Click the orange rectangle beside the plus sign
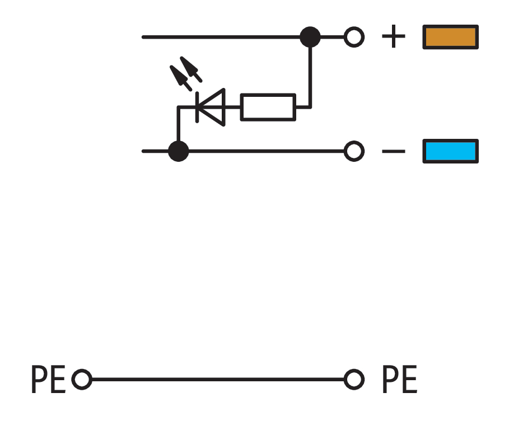450,38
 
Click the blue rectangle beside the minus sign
450,151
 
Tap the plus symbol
393,38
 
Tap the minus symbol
393,152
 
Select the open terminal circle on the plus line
353,38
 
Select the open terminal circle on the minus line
353,151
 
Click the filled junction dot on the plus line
310,38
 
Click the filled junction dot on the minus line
178,151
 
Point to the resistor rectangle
268,107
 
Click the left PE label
48,380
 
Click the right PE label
399,380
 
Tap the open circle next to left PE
82,380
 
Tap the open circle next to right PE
353,380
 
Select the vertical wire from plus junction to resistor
310,73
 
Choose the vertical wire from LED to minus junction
178,126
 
